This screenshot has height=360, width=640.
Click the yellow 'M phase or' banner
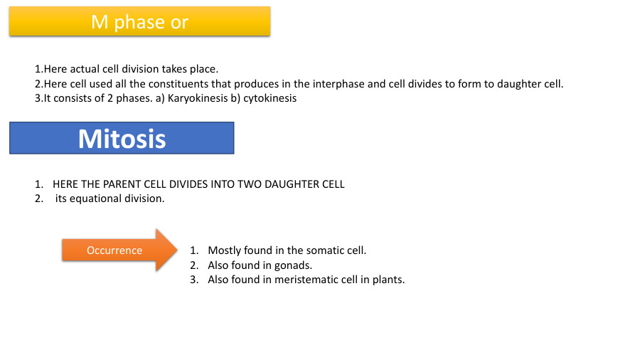(139, 21)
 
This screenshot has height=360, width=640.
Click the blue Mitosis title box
(122, 138)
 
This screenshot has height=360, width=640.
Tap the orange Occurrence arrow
(117, 250)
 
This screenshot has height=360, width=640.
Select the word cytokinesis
(270, 98)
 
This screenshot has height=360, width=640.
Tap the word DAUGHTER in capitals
(291, 184)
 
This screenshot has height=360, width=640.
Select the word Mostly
(224, 250)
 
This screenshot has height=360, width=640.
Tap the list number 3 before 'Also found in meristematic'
(193, 279)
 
